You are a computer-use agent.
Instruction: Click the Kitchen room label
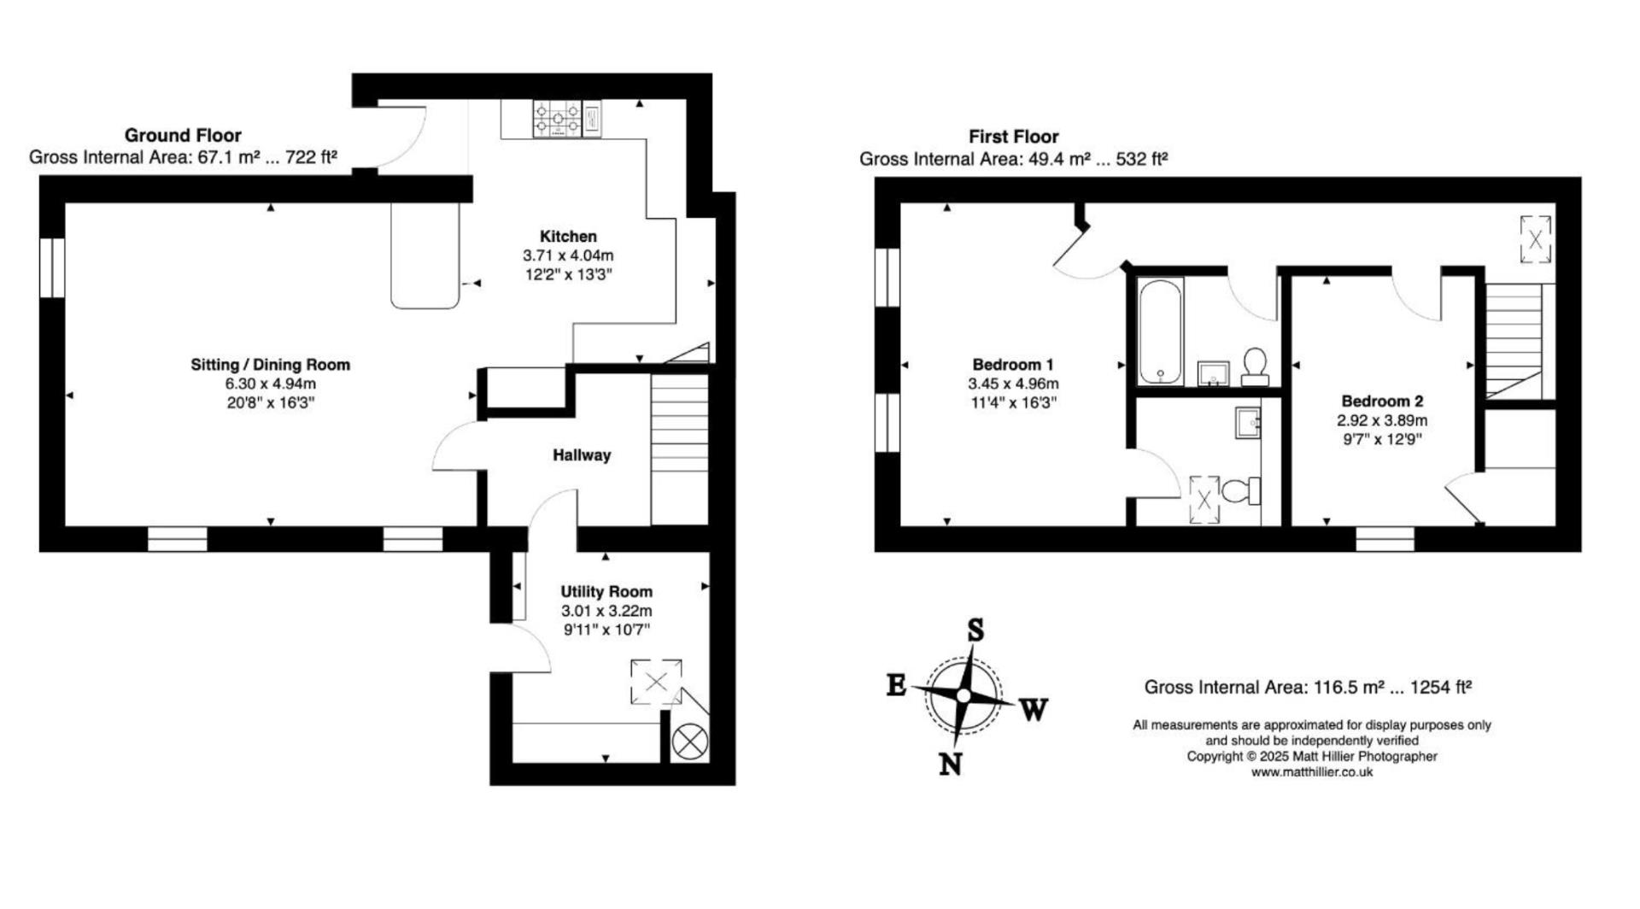coord(568,237)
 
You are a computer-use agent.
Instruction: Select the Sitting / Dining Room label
coord(270,365)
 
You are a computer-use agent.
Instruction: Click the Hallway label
coord(582,455)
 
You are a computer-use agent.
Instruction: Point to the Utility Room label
coord(606,591)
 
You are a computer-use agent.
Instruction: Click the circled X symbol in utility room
coord(690,742)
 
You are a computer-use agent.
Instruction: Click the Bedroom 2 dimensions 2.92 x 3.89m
coord(1381,420)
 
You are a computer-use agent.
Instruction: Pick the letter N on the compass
coord(951,763)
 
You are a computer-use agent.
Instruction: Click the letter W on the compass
coord(1033,709)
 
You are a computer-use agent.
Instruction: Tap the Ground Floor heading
coord(183,135)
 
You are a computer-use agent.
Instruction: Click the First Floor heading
coord(1013,137)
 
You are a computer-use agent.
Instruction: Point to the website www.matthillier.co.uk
coord(1311,771)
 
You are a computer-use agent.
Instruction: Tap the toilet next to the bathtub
coord(1255,365)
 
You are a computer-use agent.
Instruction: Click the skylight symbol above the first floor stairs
coord(1535,240)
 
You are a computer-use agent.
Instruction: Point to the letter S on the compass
coord(975,631)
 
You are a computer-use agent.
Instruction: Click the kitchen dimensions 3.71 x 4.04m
coord(568,255)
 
